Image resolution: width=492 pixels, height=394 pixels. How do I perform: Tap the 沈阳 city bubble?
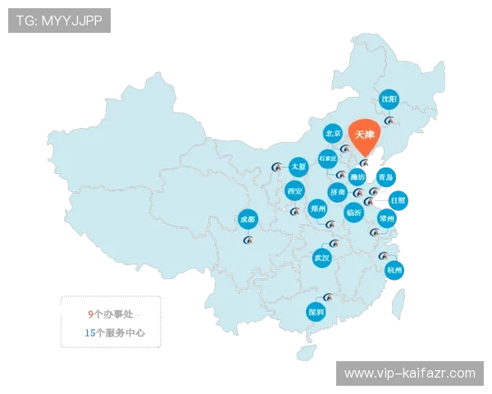tap(389, 99)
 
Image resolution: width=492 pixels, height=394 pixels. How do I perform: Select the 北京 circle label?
tap(333, 133)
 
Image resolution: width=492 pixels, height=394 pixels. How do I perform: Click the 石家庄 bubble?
tap(328, 158)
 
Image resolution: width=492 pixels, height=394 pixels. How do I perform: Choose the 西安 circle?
tap(295, 191)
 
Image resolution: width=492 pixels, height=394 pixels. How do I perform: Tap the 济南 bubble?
tap(338, 192)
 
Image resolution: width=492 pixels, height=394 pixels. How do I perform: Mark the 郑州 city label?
tap(318, 208)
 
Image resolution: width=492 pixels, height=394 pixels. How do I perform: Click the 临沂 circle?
tap(354, 211)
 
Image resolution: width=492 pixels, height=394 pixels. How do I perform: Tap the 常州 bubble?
tap(387, 218)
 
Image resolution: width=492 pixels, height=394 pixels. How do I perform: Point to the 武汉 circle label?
tap(322, 258)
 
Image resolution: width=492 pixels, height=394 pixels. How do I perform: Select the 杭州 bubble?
tap(394, 270)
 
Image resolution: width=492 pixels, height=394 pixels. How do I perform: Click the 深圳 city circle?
tap(316, 312)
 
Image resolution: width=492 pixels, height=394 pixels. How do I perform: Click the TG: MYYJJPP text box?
tap(59, 21)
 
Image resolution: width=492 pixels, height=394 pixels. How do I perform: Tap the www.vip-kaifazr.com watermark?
tap(409, 373)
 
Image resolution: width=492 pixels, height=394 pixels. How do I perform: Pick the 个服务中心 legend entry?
tap(115, 333)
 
